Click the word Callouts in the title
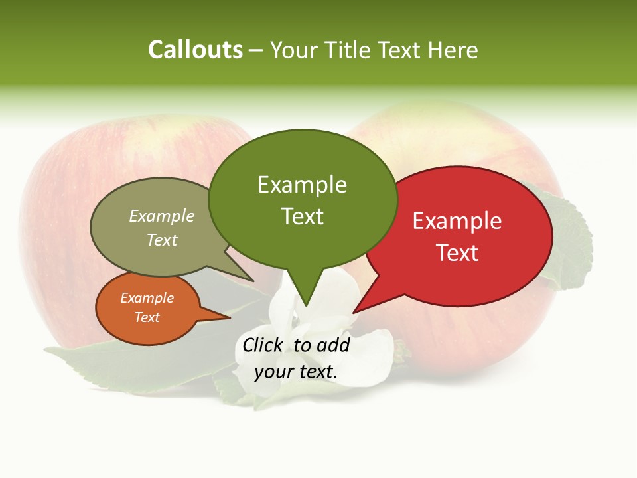pos(195,50)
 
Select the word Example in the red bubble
pos(457,221)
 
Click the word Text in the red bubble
pos(457,253)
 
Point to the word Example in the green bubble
pos(302,185)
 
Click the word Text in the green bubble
pos(302,216)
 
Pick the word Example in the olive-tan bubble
pos(161,216)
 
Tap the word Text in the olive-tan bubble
pos(161,240)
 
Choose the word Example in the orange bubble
pos(147,298)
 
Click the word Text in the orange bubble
pos(147,317)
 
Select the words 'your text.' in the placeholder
pos(295,372)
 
